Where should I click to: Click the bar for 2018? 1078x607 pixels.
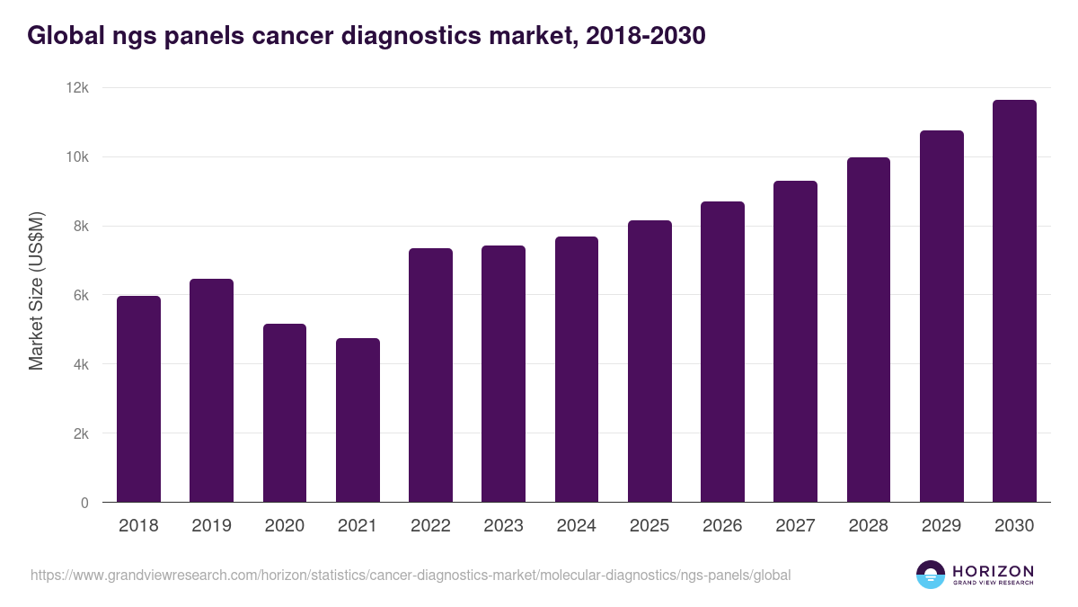tap(138, 399)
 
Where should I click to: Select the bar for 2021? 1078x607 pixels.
tap(358, 420)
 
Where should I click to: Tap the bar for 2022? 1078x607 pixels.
tap(430, 375)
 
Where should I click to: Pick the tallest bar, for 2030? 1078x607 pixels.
tap(1014, 301)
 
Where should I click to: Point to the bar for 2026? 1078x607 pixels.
tap(722, 352)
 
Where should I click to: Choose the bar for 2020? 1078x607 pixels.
tap(285, 413)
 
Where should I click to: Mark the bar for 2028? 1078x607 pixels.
tap(869, 330)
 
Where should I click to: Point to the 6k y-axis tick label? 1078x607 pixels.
tap(80, 296)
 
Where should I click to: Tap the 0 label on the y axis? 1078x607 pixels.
tap(84, 503)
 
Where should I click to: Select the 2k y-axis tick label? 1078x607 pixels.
tap(80, 433)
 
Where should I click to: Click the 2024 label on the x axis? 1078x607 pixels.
tap(576, 526)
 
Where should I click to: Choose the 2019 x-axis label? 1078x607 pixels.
tap(211, 526)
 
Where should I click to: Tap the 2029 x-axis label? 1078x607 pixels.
tap(941, 526)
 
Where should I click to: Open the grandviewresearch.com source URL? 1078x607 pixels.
tap(411, 575)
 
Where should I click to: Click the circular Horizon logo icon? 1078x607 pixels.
tap(931, 575)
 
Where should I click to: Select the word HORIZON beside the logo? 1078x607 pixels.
tap(993, 570)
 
